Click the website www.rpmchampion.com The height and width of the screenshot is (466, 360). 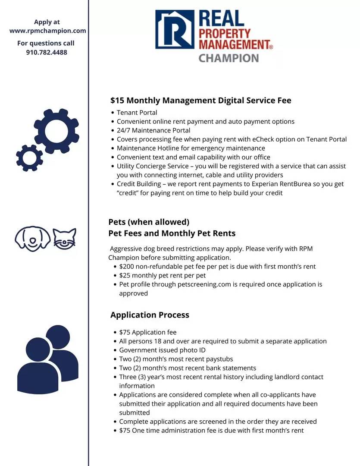coord(47,31)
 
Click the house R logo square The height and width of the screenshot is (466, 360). coord(175,29)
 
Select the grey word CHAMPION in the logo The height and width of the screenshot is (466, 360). coord(229,57)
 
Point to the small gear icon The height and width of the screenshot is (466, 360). coord(29,158)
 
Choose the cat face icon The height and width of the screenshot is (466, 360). coord(65,238)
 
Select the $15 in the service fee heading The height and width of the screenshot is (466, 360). coord(117,101)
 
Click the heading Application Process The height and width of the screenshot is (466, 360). coord(150,315)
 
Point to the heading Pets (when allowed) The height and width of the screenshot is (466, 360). coord(149,222)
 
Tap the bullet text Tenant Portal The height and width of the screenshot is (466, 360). coord(137,113)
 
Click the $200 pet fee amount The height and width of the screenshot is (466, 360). coord(127,267)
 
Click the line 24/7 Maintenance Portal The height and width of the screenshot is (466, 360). coord(153,130)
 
